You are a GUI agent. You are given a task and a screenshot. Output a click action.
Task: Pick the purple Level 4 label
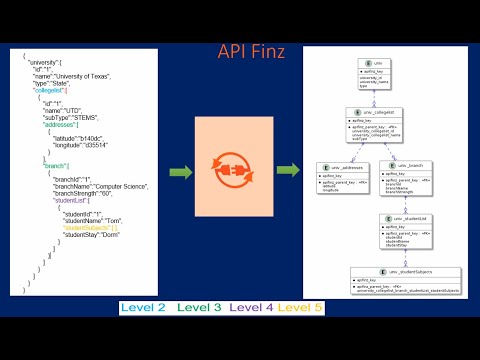click(250, 306)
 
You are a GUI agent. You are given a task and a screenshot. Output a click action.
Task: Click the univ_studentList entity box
click(405, 229)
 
